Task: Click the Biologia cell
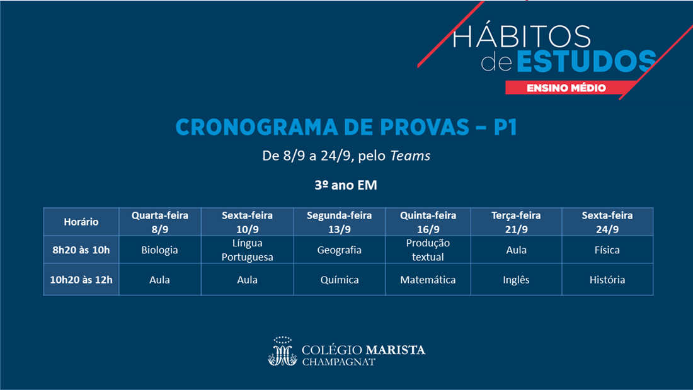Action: coord(159,250)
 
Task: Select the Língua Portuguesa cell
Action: coord(247,250)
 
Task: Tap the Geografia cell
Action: coord(339,250)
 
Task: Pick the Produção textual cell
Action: coord(428,250)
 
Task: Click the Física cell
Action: coord(607,250)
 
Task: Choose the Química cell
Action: coord(339,280)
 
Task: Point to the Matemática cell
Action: coord(428,280)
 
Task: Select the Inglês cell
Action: coord(516,280)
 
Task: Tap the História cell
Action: coord(607,280)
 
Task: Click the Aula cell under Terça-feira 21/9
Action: coord(516,250)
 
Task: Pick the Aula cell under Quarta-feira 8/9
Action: coord(159,280)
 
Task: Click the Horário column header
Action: coord(81,222)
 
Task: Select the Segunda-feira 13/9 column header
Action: coord(339,222)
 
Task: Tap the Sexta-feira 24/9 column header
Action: coord(607,222)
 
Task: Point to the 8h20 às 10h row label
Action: coord(81,250)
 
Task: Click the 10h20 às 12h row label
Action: coord(81,280)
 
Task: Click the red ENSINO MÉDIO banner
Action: coord(568,88)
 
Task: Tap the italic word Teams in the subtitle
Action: coord(410,156)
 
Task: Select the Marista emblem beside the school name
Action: coord(282,352)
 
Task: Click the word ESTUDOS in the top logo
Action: coord(587,61)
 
